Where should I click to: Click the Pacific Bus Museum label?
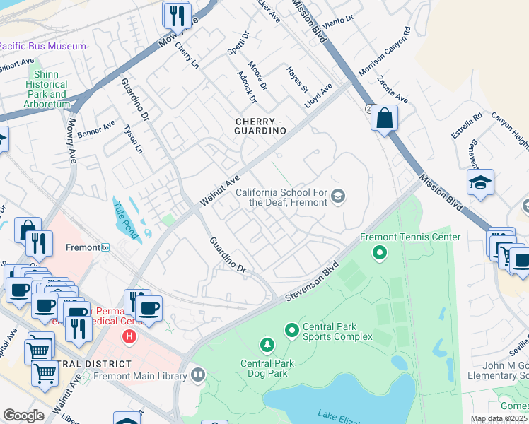click(x=42, y=46)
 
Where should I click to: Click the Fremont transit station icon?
click(x=105, y=247)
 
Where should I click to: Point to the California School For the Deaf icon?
click(x=338, y=196)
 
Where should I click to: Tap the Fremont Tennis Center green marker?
click(x=380, y=252)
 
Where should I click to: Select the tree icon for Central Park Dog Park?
click(x=267, y=346)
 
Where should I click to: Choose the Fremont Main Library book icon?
click(x=197, y=375)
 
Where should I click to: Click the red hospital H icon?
click(x=129, y=336)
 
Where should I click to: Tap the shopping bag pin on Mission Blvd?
click(x=384, y=117)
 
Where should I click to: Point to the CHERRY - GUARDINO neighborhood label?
click(x=260, y=126)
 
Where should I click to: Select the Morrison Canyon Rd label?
click(x=385, y=53)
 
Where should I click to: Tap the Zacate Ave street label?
click(x=393, y=90)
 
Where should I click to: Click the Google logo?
click(x=23, y=416)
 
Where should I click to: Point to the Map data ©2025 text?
click(x=499, y=418)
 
